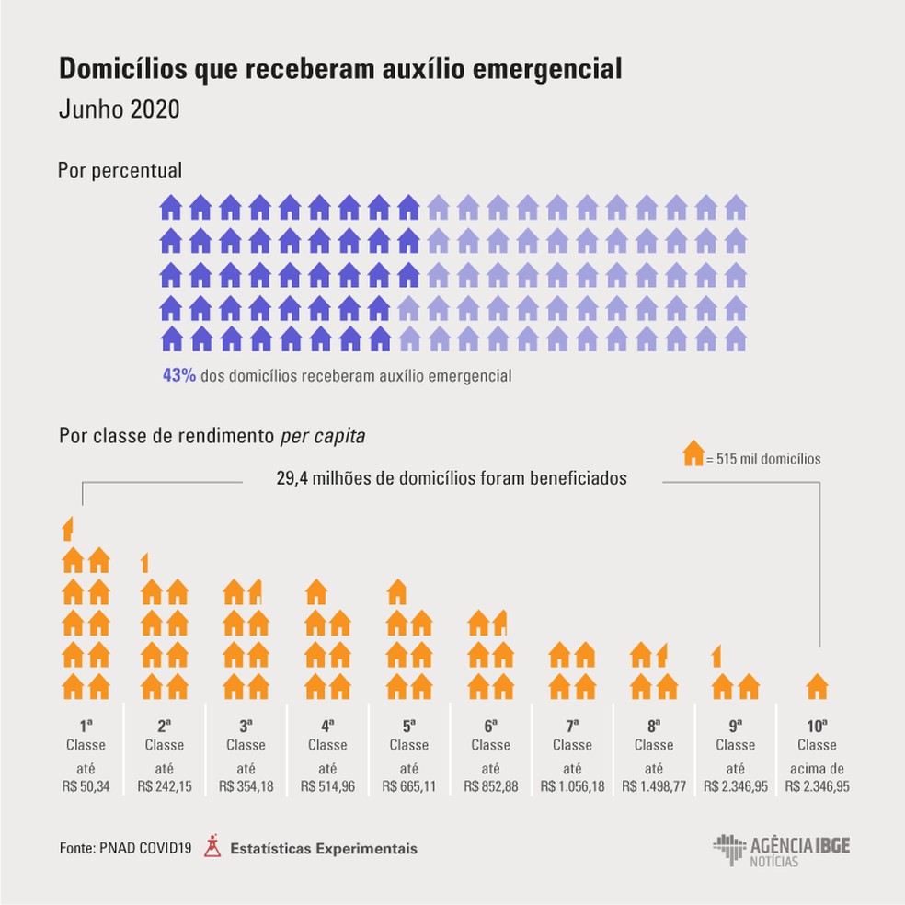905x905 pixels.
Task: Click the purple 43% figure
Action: click(178, 376)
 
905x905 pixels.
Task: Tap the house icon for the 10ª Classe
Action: click(817, 686)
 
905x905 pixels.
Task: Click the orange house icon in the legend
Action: click(693, 454)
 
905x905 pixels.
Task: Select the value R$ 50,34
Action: click(86, 786)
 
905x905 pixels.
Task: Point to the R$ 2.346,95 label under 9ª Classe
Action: click(736, 786)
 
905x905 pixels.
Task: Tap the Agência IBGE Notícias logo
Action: click(781, 850)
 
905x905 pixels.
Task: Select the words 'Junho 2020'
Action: click(118, 108)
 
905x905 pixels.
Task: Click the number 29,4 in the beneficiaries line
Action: click(295, 478)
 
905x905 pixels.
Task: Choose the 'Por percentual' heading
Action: click(120, 170)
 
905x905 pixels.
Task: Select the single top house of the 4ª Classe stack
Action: click(315, 591)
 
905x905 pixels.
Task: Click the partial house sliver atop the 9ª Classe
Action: click(716, 656)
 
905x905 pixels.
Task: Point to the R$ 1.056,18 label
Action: click(572, 786)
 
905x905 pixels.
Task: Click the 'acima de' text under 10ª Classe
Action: click(817, 768)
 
